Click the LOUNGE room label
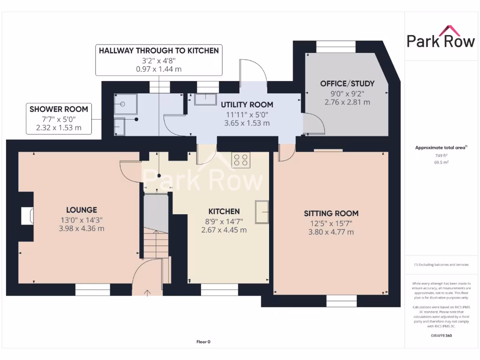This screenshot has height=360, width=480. pyautogui.click(x=82, y=210)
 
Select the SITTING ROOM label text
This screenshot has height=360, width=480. pyautogui.click(x=331, y=213)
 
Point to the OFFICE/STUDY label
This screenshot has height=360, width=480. pyautogui.click(x=347, y=83)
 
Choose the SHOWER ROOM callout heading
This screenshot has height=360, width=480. pyautogui.click(x=59, y=109)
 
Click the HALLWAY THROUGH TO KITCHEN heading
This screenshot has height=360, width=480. pyautogui.click(x=158, y=51)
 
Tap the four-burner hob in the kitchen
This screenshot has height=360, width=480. pyautogui.click(x=241, y=160)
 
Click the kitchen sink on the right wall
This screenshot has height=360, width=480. pyautogui.click(x=262, y=211)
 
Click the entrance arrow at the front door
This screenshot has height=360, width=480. pyautogui.click(x=148, y=293)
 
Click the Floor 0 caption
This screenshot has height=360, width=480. pyautogui.click(x=203, y=342)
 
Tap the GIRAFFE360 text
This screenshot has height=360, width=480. pyautogui.click(x=441, y=336)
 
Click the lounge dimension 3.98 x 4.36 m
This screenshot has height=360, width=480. pyautogui.click(x=82, y=229)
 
